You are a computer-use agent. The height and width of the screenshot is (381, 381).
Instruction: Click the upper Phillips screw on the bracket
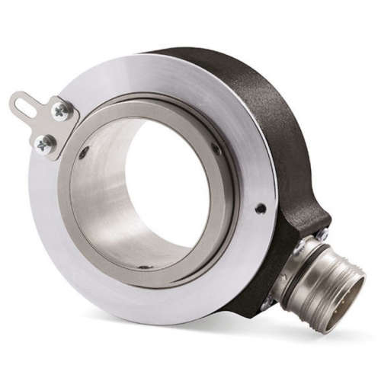click(60, 112)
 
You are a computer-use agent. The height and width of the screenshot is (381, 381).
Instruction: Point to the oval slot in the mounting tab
click(24, 104)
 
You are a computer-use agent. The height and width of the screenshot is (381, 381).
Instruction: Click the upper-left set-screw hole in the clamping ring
click(83, 153)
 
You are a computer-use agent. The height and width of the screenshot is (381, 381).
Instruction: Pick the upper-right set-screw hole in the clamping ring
click(216, 148)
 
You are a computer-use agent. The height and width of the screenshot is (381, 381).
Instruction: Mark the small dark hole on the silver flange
click(261, 208)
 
